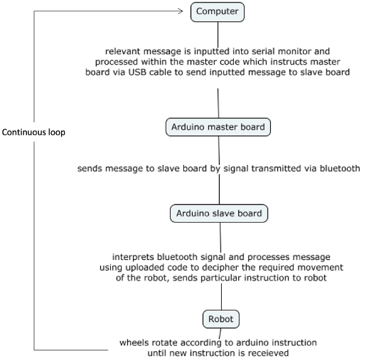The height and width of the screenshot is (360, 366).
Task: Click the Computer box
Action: coord(217,11)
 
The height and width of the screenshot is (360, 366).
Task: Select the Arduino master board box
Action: coord(218,127)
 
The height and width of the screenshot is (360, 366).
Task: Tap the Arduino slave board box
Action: coord(219,213)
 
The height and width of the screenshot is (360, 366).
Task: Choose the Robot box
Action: coord(220,319)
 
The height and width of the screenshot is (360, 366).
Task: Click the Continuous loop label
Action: coord(33,133)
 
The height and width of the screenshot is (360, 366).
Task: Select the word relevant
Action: coord(125,51)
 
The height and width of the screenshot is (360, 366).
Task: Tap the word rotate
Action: coord(164,342)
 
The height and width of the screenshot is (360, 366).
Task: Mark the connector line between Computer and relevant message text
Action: coord(218,33)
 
